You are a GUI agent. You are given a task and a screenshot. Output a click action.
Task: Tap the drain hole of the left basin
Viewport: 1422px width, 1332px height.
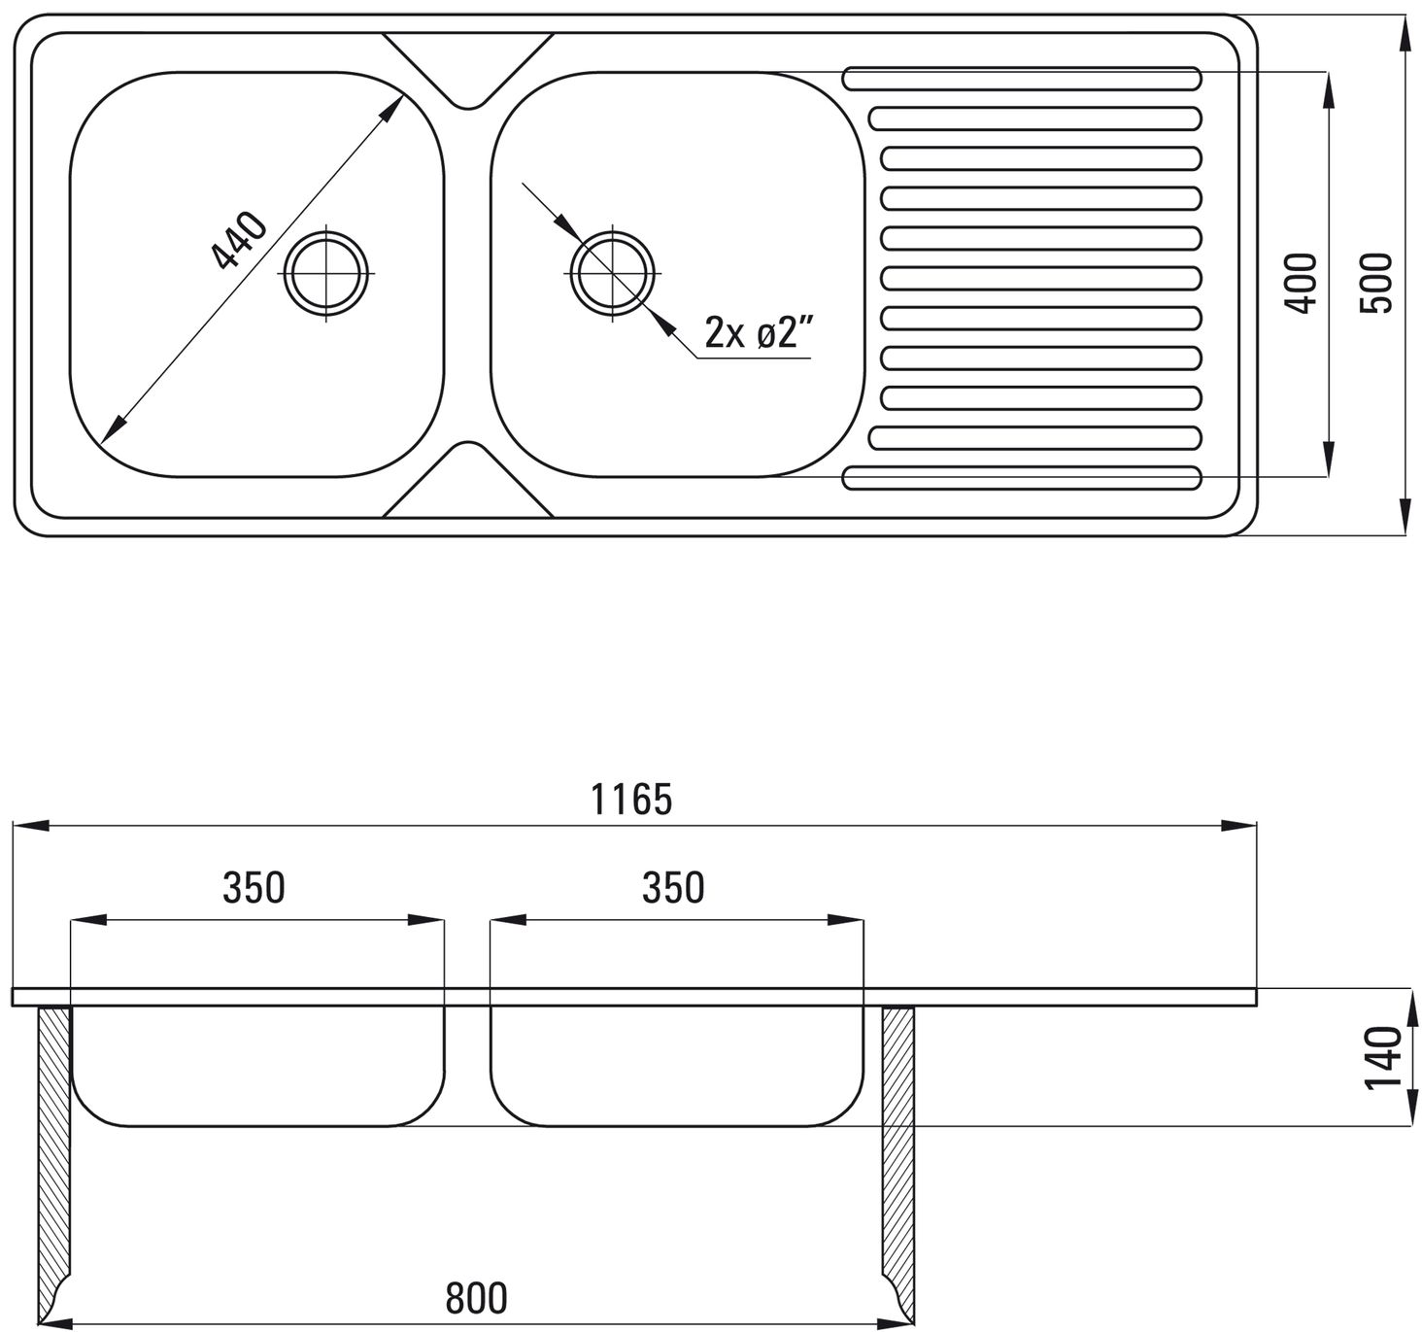[326, 273]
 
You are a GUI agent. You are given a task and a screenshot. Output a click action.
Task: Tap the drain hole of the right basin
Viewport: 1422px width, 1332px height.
[612, 273]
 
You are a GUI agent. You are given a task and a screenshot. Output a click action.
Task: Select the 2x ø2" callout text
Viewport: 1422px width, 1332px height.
[760, 331]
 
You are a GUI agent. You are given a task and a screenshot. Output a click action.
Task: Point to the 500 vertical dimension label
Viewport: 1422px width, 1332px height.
[1377, 283]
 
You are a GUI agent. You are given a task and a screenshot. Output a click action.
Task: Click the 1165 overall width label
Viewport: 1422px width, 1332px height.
[631, 800]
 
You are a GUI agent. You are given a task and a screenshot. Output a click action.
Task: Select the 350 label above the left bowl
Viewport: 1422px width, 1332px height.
[254, 888]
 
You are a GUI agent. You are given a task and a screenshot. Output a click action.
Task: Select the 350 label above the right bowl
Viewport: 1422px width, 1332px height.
[673, 888]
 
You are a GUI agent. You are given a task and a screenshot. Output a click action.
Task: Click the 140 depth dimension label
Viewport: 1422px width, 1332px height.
[1383, 1058]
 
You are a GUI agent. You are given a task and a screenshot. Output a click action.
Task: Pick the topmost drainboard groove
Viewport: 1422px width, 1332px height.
[1023, 79]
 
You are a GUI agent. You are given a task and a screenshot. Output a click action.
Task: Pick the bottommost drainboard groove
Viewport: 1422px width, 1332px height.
[1023, 478]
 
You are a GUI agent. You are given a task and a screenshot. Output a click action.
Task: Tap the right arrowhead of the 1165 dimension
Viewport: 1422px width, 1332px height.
[1238, 825]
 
